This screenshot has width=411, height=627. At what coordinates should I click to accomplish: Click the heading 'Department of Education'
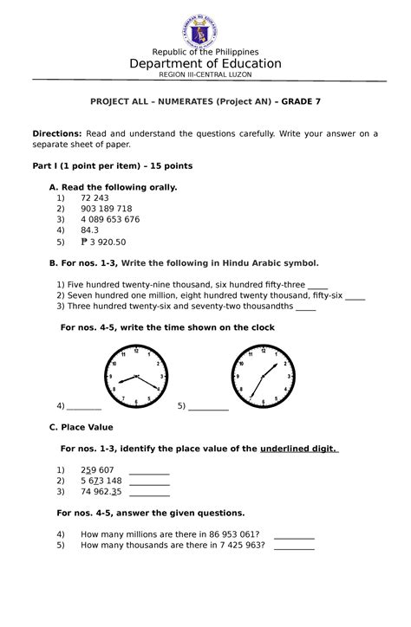click(205, 63)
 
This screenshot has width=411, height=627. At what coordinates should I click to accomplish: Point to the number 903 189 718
click(106, 209)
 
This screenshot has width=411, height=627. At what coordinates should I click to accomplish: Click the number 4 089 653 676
click(109, 219)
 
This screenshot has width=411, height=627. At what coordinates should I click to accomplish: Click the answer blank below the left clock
click(84, 405)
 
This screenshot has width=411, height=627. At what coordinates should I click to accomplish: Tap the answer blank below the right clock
click(208, 405)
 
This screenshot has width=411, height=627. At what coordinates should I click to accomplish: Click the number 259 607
click(96, 470)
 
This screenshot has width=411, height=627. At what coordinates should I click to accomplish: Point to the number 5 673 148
click(101, 481)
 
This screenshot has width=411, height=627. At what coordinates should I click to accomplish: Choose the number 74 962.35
click(101, 491)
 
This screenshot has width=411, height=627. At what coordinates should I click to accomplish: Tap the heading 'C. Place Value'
click(82, 427)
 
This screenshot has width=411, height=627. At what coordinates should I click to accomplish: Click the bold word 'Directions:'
click(57, 133)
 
